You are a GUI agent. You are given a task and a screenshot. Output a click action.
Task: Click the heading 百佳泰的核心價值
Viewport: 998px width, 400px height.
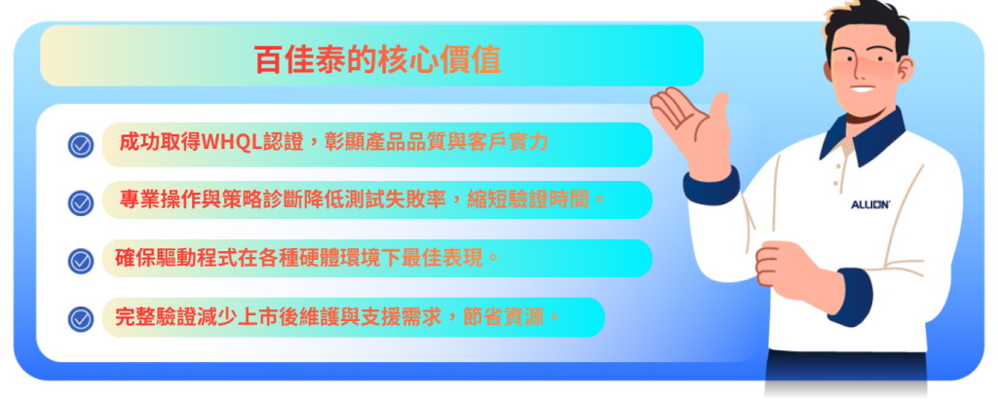(x=377, y=59)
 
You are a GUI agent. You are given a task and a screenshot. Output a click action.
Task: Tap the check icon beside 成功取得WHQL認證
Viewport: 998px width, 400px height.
(x=81, y=145)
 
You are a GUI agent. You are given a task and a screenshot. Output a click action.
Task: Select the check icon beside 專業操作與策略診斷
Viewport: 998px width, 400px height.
(x=81, y=202)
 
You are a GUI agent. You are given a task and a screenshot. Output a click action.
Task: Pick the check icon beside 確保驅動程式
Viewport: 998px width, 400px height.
(x=81, y=260)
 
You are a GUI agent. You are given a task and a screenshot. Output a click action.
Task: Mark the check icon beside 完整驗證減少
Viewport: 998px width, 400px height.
(x=81, y=318)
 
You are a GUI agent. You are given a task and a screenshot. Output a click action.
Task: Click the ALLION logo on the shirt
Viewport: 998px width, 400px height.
(x=870, y=204)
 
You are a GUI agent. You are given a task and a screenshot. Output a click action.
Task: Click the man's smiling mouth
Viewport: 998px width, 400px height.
(x=864, y=89)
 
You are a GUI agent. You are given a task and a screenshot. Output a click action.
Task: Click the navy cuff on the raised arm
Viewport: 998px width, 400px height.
(x=710, y=185)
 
